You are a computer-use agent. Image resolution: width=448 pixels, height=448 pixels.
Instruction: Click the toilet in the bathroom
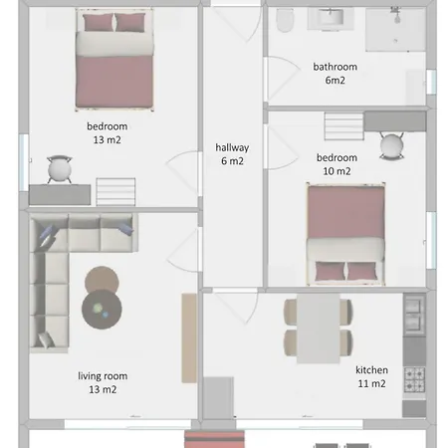coord(285,20)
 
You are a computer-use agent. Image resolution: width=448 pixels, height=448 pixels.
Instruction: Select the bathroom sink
coord(331,19)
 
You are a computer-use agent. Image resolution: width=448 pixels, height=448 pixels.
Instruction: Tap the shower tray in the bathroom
coord(395,30)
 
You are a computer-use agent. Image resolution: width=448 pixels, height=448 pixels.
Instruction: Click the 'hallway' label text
coord(232,147)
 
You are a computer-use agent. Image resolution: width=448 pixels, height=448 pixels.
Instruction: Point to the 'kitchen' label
coord(371,370)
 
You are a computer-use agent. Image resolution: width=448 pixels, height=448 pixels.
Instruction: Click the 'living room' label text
coord(103,376)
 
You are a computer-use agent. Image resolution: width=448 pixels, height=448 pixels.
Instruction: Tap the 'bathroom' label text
coord(336,67)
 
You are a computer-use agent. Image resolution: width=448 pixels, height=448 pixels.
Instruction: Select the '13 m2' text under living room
coord(103,389)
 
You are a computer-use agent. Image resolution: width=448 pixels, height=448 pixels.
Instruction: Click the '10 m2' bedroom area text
coord(336,171)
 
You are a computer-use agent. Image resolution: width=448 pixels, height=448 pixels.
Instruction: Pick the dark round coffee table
coord(102,309)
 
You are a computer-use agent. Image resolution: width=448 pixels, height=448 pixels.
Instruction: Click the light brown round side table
coord(102,279)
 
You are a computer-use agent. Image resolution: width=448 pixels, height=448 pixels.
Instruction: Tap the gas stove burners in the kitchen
coord(414,379)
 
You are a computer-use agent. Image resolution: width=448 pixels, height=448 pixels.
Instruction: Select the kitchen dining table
coord(319,329)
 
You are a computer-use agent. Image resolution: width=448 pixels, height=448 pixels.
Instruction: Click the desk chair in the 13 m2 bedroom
coord(60,169)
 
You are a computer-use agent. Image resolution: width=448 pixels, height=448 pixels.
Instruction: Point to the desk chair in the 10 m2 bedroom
coord(392,146)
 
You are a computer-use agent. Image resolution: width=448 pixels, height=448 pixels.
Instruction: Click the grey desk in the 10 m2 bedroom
coord(395,121)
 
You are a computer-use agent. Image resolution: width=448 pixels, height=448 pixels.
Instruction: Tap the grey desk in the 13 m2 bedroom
coord(60,195)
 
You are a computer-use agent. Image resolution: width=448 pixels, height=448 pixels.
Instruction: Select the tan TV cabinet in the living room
coord(189,338)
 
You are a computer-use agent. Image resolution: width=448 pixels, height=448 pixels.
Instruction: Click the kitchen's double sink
coord(414,315)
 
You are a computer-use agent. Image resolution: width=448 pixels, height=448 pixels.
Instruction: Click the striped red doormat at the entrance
coord(215,439)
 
